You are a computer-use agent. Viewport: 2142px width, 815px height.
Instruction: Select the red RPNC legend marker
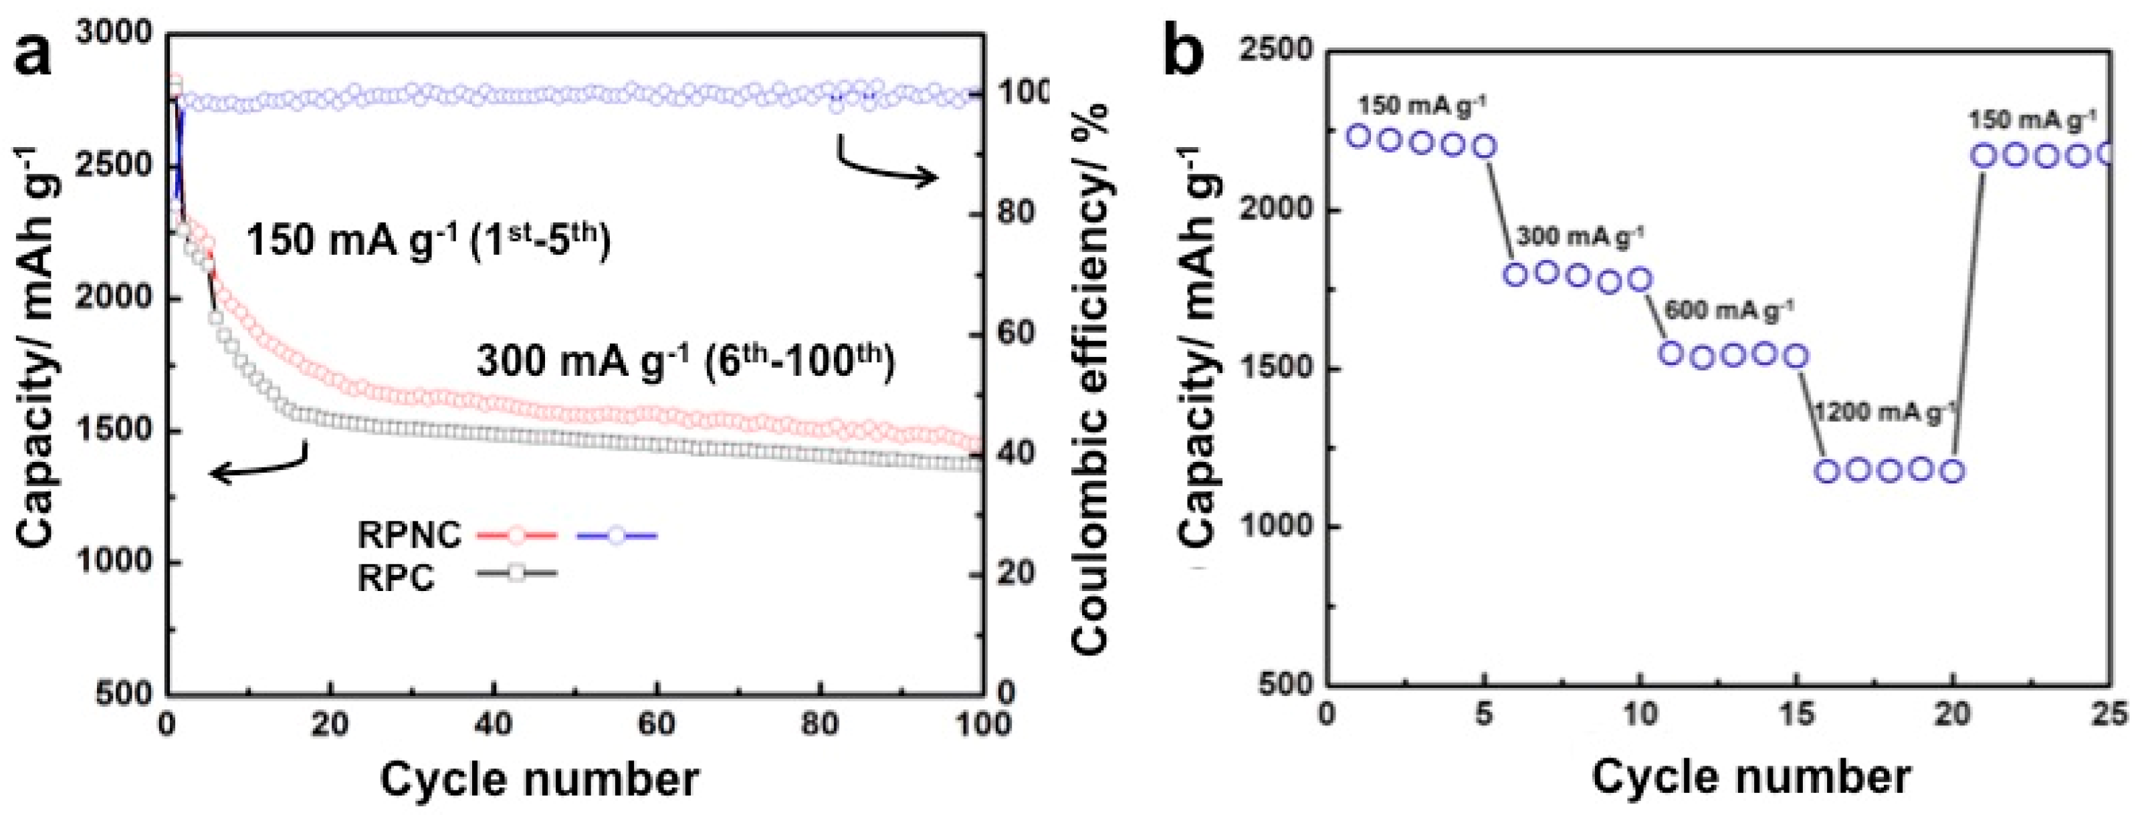(x=516, y=536)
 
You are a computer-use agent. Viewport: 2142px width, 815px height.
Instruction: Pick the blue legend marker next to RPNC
(x=616, y=536)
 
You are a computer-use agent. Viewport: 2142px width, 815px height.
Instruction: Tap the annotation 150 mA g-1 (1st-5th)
(x=428, y=241)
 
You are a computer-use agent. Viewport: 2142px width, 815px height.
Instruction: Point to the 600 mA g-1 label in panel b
(x=1729, y=310)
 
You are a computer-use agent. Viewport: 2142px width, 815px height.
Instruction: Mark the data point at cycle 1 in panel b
(x=1359, y=136)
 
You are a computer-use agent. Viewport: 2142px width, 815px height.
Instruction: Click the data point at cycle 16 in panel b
(x=1827, y=471)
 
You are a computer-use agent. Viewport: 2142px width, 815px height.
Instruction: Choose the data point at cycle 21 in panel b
(x=1984, y=156)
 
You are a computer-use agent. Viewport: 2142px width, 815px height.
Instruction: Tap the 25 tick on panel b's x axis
(x=2110, y=714)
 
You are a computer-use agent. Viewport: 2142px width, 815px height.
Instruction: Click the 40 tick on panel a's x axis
(x=493, y=724)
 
